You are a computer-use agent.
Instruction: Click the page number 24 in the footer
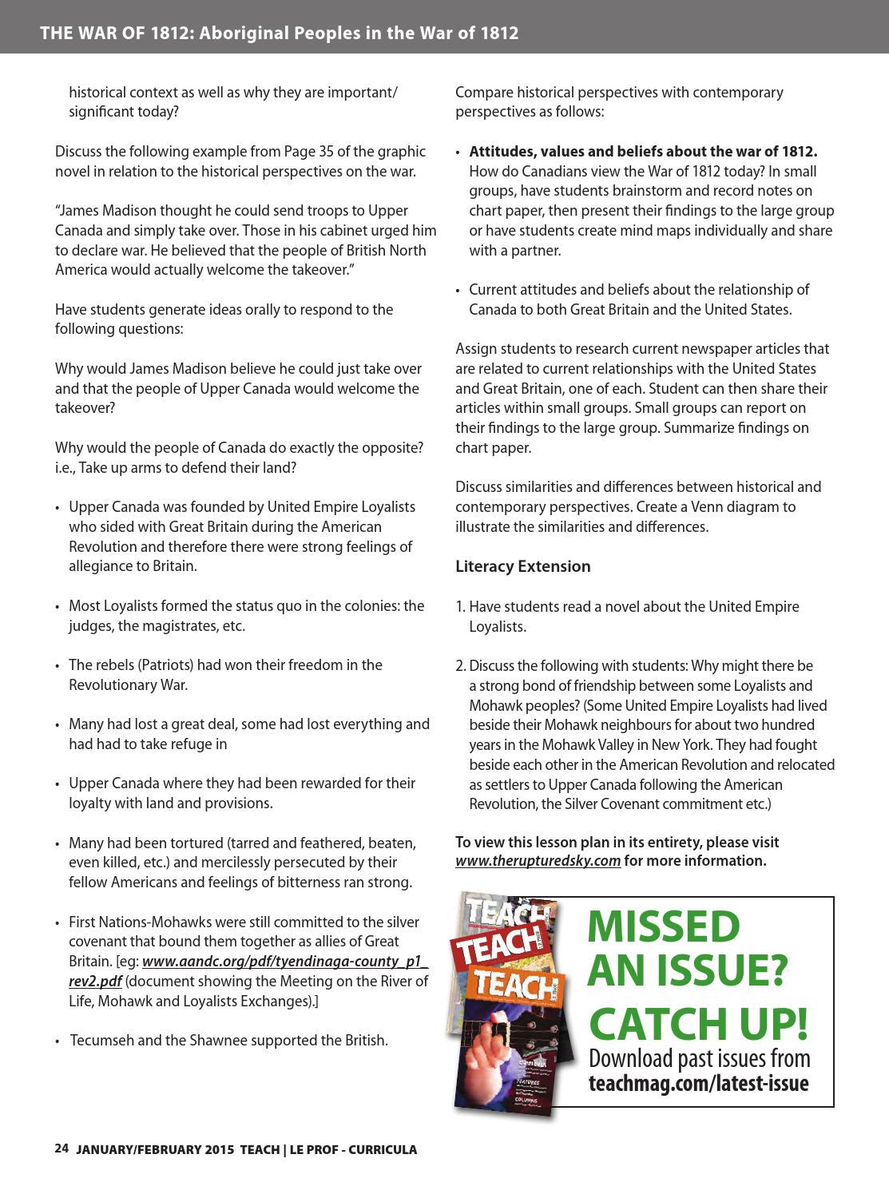(62, 1148)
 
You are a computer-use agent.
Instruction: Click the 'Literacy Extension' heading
(522, 566)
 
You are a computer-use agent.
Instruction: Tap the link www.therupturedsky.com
(538, 860)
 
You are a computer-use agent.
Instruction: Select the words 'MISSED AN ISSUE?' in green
(686, 949)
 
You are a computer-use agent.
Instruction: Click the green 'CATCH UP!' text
(698, 1024)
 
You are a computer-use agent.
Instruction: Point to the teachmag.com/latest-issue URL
(698, 1084)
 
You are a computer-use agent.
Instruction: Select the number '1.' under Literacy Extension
(460, 607)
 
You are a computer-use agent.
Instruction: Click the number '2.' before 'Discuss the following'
(461, 666)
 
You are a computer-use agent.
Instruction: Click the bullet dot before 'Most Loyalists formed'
(58, 607)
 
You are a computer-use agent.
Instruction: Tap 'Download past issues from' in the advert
(699, 1059)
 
